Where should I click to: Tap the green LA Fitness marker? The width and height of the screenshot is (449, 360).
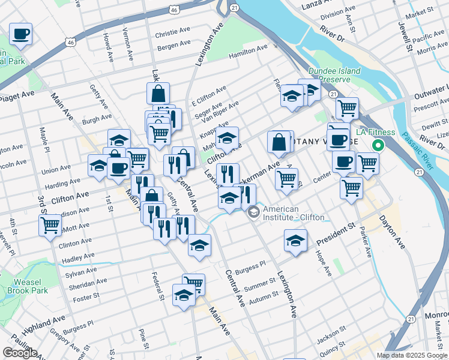coord(378,145)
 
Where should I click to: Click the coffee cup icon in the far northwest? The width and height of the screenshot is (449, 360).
coord(21,34)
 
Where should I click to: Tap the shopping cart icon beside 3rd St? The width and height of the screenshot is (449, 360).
coord(50,225)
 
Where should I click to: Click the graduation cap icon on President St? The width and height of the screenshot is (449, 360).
coord(295,241)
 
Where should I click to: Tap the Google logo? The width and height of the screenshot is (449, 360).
coord(20,353)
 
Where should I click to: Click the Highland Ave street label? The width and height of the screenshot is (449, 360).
coord(43,326)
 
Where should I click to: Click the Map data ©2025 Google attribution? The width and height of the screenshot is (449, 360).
coord(411,355)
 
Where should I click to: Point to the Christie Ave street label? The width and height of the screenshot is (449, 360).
coord(172,34)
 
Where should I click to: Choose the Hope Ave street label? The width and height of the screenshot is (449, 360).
coord(324,263)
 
